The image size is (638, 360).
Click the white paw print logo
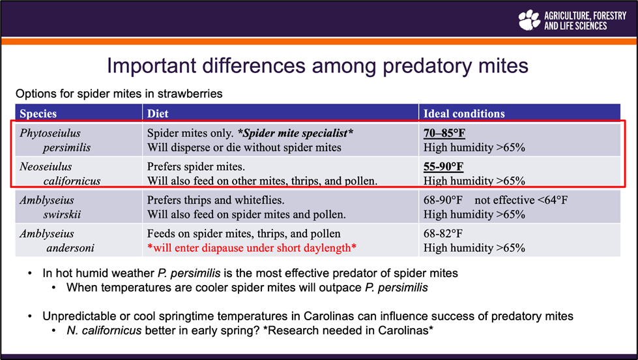click(529, 20)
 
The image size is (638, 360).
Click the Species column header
click(38, 113)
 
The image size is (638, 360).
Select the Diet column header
click(158, 113)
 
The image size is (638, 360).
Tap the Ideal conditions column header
click(464, 113)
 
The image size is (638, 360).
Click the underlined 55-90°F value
click(444, 167)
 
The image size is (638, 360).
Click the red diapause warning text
click(252, 248)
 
